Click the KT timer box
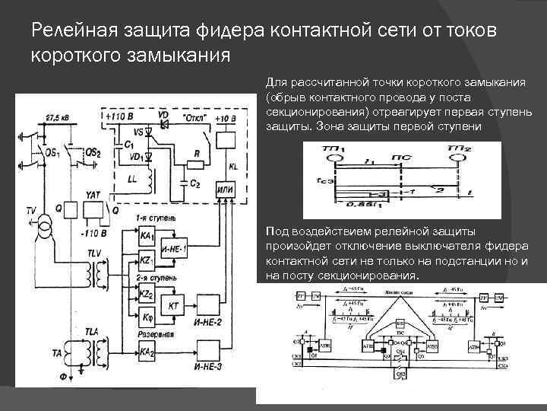(173, 304)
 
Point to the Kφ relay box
(145, 316)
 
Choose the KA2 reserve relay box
(146, 351)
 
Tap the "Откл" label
(183, 119)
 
